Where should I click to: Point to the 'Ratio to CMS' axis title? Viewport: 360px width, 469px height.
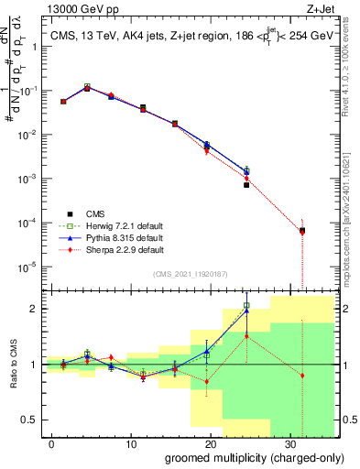pos(12,365)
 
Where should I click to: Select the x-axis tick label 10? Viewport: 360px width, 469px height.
pos(130,442)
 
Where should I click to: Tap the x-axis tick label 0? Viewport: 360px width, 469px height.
pos(51,442)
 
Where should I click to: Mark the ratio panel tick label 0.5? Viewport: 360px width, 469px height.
pos(33,420)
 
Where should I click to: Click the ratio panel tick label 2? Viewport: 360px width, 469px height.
pos(38,309)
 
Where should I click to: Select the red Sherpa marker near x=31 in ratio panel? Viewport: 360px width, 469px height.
pos(302,376)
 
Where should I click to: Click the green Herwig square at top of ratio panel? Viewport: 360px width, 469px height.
pos(246,306)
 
